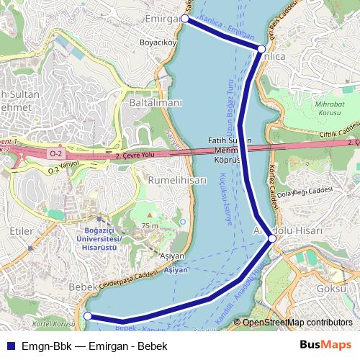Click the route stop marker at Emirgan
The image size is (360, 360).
click(x=185, y=19)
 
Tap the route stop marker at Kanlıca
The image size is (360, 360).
click(x=261, y=49)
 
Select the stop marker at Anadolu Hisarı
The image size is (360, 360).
click(x=271, y=238)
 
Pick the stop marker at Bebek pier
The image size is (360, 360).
click(x=88, y=315)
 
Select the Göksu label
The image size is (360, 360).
click(x=332, y=288)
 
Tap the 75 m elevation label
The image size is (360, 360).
click(x=150, y=226)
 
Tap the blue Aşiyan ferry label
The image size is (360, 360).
click(x=176, y=271)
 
